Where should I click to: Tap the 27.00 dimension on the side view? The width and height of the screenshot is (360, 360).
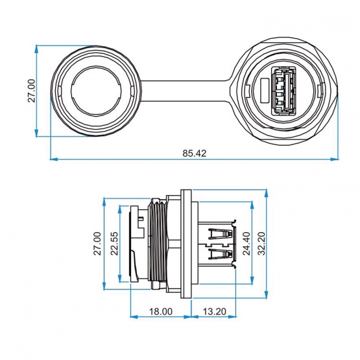click(97, 244)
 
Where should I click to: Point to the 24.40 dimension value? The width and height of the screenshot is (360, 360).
click(246, 244)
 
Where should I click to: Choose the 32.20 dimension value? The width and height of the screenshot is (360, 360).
click(261, 244)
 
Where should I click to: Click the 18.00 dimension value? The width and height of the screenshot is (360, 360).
click(161, 311)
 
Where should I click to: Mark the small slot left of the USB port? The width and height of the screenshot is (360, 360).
click(265, 91)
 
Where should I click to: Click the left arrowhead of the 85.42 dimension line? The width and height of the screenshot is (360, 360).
click(53, 159)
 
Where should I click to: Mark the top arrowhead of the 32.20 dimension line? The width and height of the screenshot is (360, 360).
click(267, 193)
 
